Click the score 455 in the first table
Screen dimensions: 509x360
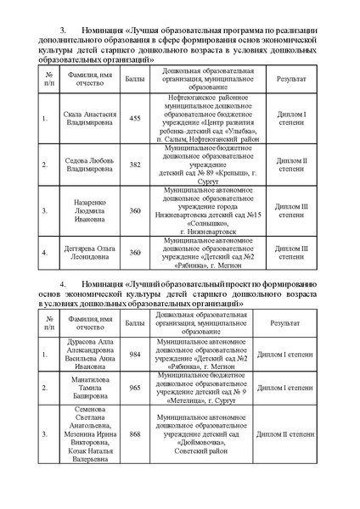pyautogui.click(x=134, y=119)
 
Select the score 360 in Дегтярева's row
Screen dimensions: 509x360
pyautogui.click(x=134, y=252)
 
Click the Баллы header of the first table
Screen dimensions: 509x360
pyautogui.click(x=134, y=81)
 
